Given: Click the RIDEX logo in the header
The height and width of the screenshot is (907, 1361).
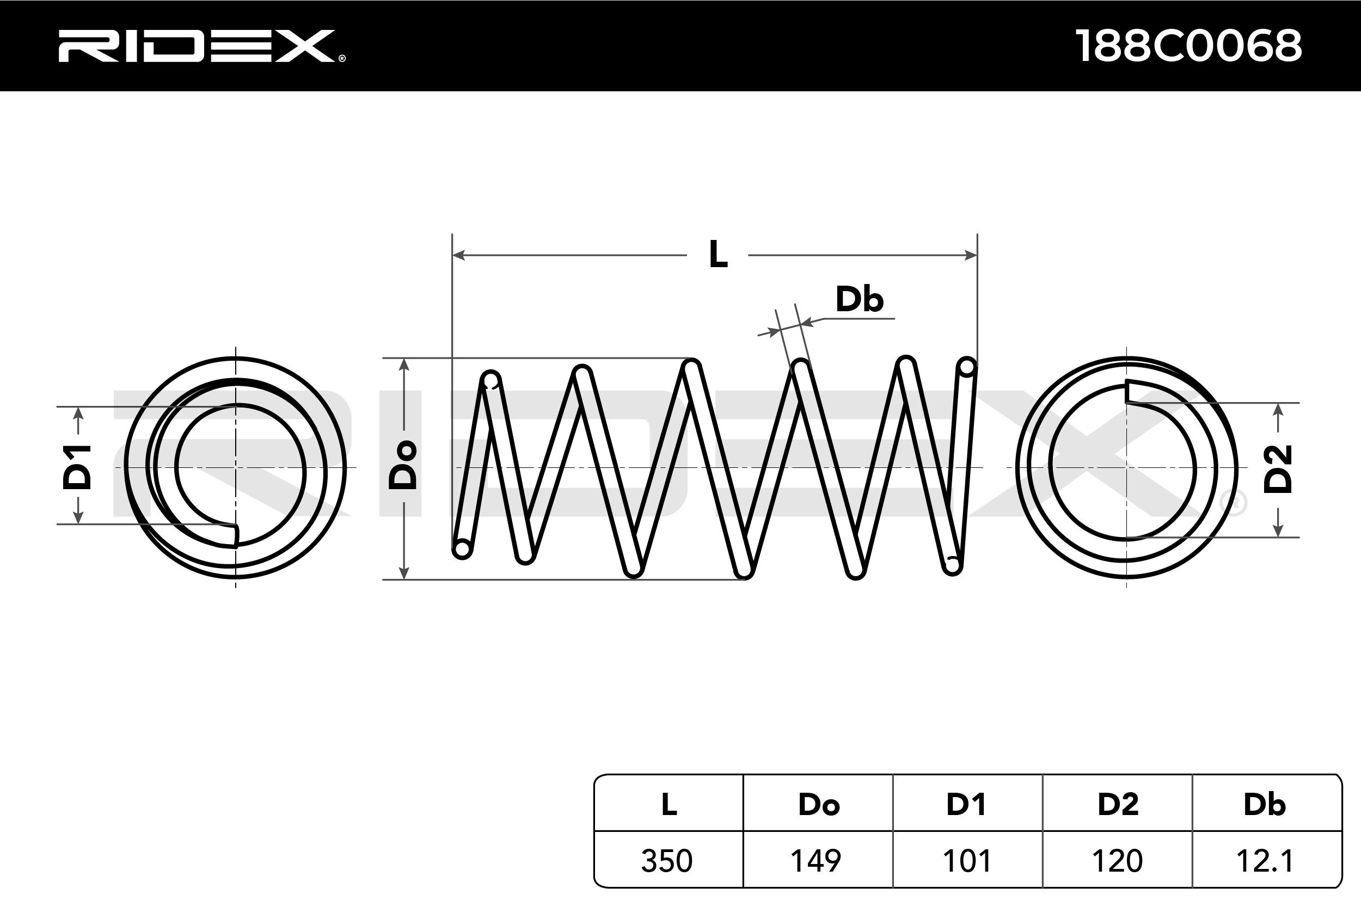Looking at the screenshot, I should (201, 46).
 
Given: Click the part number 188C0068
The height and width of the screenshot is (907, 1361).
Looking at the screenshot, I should (1188, 46).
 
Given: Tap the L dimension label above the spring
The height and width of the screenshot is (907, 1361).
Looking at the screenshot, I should (718, 255).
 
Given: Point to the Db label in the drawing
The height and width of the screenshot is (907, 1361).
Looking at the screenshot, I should (859, 300).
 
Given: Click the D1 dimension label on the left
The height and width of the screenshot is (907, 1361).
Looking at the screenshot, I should (77, 467).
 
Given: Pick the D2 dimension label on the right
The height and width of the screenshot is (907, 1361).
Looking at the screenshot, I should (1278, 468).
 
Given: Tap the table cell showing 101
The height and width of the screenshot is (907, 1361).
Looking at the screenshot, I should (966, 861).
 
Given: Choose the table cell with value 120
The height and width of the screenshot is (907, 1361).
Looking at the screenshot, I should (1117, 861).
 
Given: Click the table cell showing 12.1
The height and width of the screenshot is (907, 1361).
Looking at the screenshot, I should (1266, 861).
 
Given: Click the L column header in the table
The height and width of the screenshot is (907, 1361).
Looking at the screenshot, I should (669, 804).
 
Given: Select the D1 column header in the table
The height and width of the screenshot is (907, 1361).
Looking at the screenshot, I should (966, 804).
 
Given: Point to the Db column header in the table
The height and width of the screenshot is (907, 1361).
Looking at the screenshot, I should (1265, 804).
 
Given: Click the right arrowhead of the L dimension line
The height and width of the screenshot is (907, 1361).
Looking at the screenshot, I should (971, 255).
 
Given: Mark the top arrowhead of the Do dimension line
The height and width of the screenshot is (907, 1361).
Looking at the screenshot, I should (404, 365).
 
